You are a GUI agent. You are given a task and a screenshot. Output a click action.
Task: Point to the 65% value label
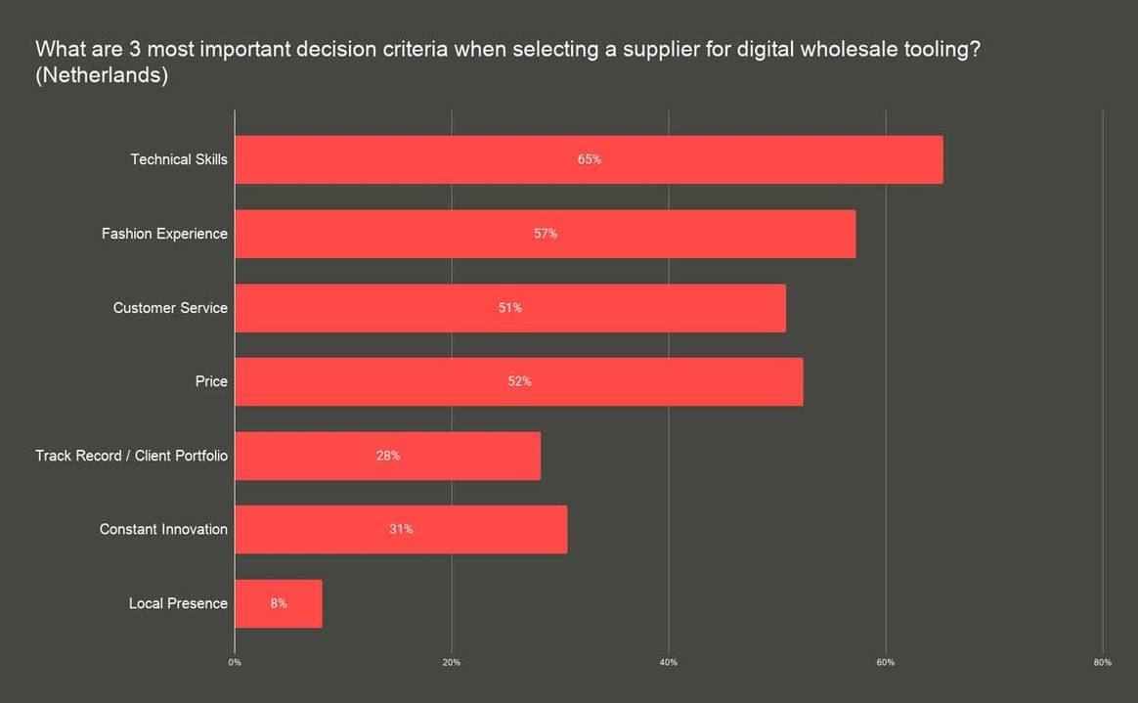pos(589,159)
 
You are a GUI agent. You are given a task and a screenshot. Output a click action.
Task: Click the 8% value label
pos(279,603)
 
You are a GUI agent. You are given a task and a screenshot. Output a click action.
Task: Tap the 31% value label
pos(401,529)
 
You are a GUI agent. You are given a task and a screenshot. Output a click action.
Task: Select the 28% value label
pos(388,456)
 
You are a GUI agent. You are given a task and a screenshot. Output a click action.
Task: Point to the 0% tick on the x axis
pos(235,663)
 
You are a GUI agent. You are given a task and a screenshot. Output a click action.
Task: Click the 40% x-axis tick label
pos(669,663)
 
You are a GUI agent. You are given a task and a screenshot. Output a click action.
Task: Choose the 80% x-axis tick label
pos(1102,663)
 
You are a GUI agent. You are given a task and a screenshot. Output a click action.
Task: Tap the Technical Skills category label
pos(179,159)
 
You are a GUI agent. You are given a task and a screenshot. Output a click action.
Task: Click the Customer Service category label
pos(170,308)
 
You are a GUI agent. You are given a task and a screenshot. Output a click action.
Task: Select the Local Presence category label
pos(178,603)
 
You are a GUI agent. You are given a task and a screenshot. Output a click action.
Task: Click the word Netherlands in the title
pos(102,76)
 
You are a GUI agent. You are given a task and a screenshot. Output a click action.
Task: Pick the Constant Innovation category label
pos(163,529)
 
